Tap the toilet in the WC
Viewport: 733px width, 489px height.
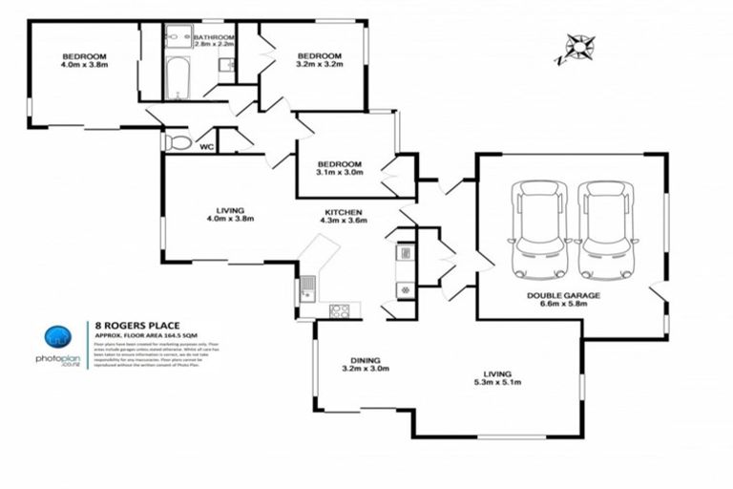[178, 142]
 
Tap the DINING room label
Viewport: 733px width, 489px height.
[363, 360]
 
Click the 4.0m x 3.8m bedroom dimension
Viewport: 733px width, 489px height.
[85, 66]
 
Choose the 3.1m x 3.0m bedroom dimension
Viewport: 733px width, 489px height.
[341, 173]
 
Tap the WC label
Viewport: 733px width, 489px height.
[205, 147]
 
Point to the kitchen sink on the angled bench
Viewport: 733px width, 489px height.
[307, 287]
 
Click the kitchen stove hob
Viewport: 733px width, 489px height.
[339, 309]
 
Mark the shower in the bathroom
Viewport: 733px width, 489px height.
[178, 37]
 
